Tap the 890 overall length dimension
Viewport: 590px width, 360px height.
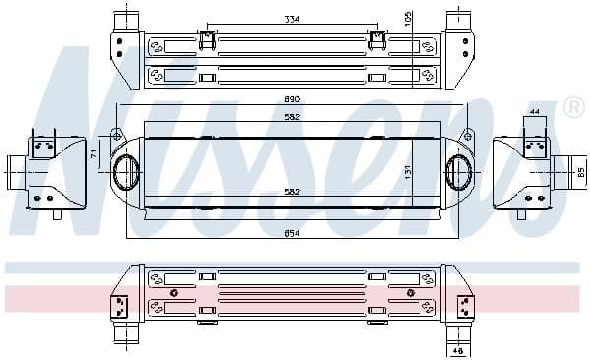(x=290, y=101)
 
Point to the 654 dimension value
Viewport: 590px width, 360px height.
(x=290, y=233)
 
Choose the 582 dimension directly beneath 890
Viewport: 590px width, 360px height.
(x=290, y=117)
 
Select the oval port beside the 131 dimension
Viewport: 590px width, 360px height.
(x=458, y=171)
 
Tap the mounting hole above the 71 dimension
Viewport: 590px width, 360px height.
(x=116, y=134)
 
